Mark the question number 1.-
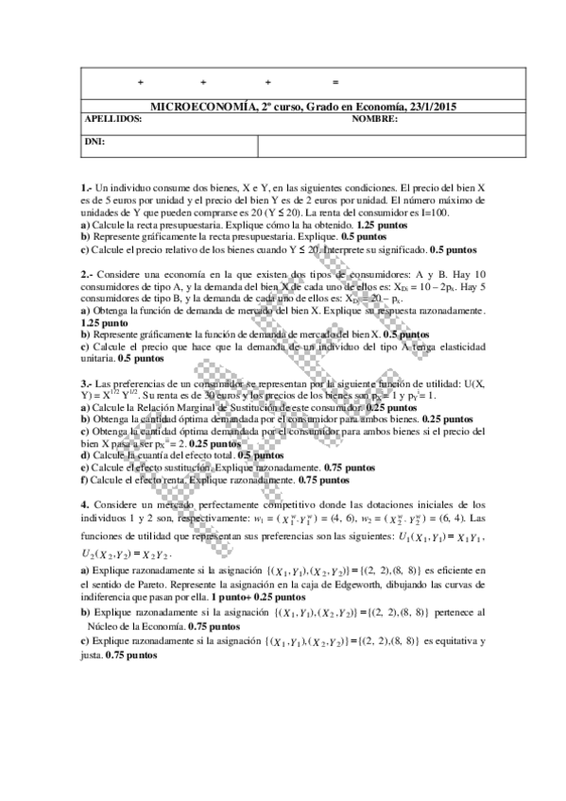[x=87, y=189]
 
